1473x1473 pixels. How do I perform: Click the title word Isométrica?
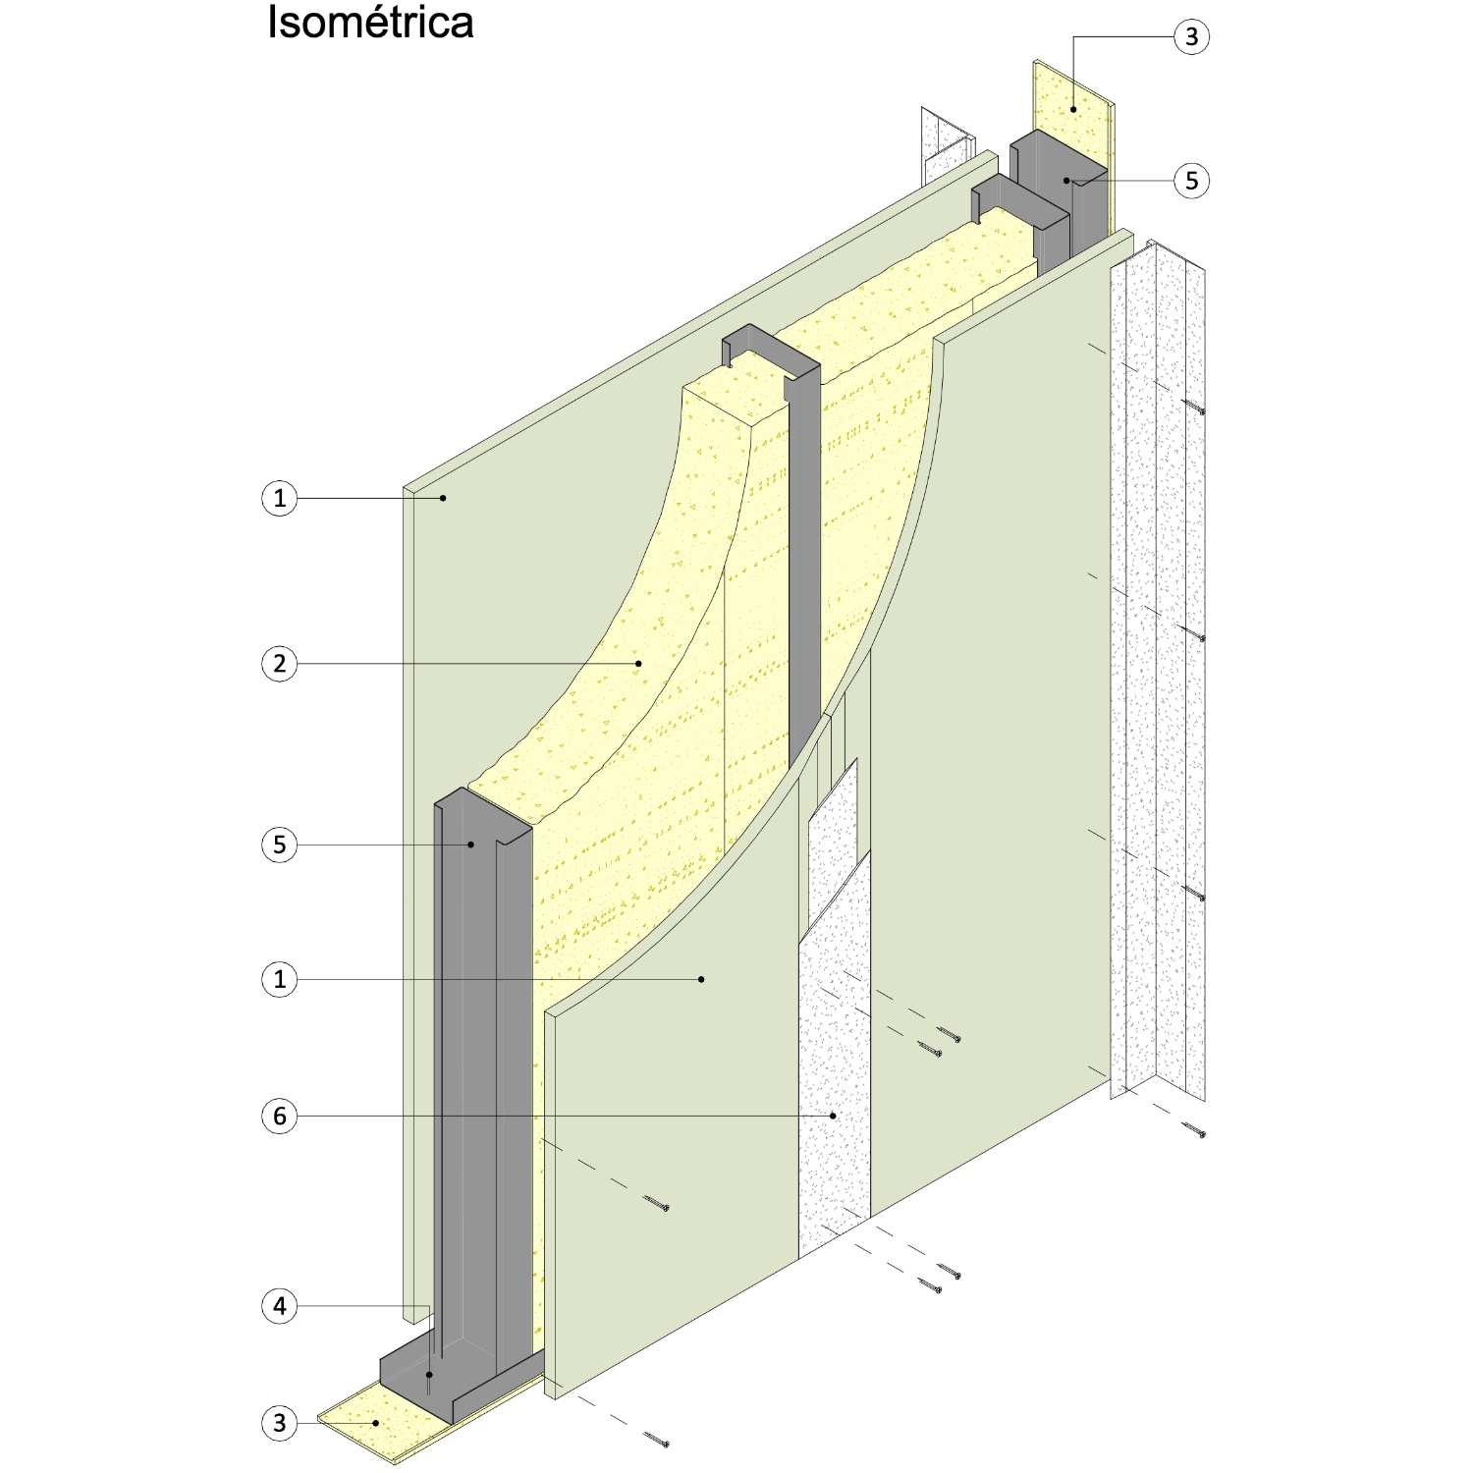pyautogui.click(x=370, y=23)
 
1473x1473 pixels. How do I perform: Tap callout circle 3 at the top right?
pyautogui.click(x=1191, y=37)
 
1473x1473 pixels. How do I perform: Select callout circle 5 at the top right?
pyautogui.click(x=1191, y=181)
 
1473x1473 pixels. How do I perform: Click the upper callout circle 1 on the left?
pyautogui.click(x=280, y=498)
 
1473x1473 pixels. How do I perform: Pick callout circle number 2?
pyautogui.click(x=280, y=664)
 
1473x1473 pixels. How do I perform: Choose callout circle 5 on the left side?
pyautogui.click(x=280, y=845)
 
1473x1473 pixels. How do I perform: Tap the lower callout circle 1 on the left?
pyautogui.click(x=280, y=979)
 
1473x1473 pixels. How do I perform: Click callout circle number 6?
pyautogui.click(x=280, y=1116)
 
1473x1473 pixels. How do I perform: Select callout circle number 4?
pyautogui.click(x=280, y=1306)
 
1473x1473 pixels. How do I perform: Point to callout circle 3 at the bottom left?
pyautogui.click(x=280, y=1422)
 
